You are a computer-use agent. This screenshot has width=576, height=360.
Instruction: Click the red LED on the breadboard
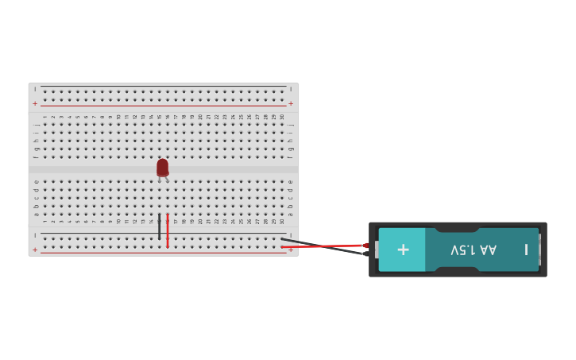[x=162, y=167]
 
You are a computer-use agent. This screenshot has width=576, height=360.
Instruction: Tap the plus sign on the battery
[x=403, y=250]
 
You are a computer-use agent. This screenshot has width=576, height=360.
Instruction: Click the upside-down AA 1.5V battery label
[x=474, y=250]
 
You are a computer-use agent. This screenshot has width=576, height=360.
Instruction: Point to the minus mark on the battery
[x=526, y=250]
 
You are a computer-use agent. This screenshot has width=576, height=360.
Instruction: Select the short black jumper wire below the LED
[x=159, y=226]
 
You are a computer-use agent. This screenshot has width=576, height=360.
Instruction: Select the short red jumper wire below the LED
[x=168, y=230]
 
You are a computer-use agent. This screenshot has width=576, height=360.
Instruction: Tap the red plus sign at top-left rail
[x=35, y=103]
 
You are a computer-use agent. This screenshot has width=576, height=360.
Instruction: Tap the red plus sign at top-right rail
[x=291, y=103]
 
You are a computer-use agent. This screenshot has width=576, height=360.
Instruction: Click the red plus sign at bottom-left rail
[x=35, y=250]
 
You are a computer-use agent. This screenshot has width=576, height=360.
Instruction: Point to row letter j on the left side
[x=37, y=124]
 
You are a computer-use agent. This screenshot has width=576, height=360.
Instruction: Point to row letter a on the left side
[x=37, y=214]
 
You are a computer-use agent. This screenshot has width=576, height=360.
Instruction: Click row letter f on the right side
[x=291, y=157]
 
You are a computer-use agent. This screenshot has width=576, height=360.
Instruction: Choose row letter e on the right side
[x=291, y=181]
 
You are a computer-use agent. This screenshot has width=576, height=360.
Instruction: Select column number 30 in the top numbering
[x=281, y=117]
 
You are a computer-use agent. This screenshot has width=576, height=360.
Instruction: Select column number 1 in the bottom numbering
[x=44, y=221]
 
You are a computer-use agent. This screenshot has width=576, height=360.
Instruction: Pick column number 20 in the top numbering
[x=200, y=117]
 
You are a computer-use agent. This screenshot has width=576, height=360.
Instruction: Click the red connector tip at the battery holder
[x=365, y=246]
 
